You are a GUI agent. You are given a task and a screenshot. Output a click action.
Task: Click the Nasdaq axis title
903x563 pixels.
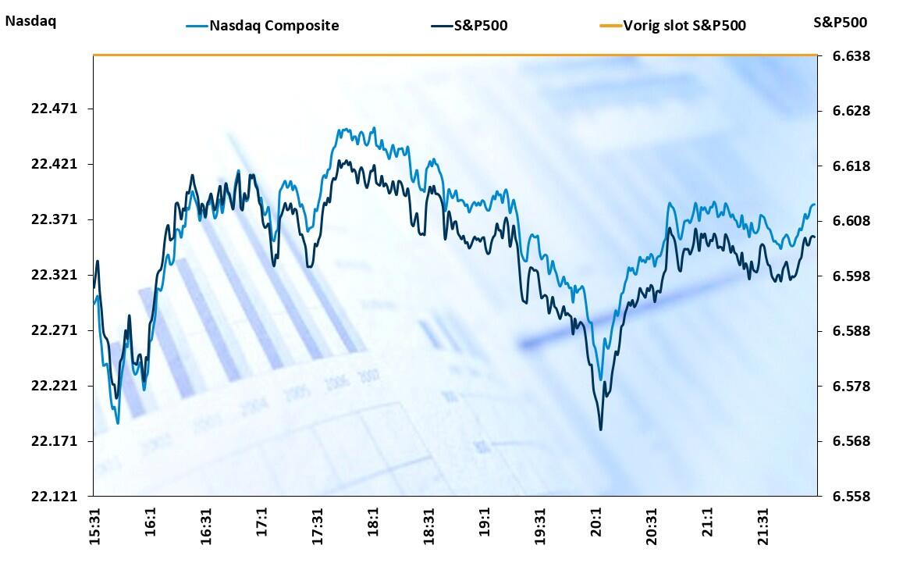point(30,21)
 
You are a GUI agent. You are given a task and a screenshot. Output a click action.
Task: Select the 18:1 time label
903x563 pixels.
point(373,518)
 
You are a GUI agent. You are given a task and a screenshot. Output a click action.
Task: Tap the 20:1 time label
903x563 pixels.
point(595,518)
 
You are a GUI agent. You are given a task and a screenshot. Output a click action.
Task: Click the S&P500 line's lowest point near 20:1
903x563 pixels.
point(601,429)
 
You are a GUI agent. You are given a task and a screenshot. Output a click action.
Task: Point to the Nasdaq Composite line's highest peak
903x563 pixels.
point(375,128)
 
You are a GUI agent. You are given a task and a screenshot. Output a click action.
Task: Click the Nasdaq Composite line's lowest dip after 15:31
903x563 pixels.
point(118,423)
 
